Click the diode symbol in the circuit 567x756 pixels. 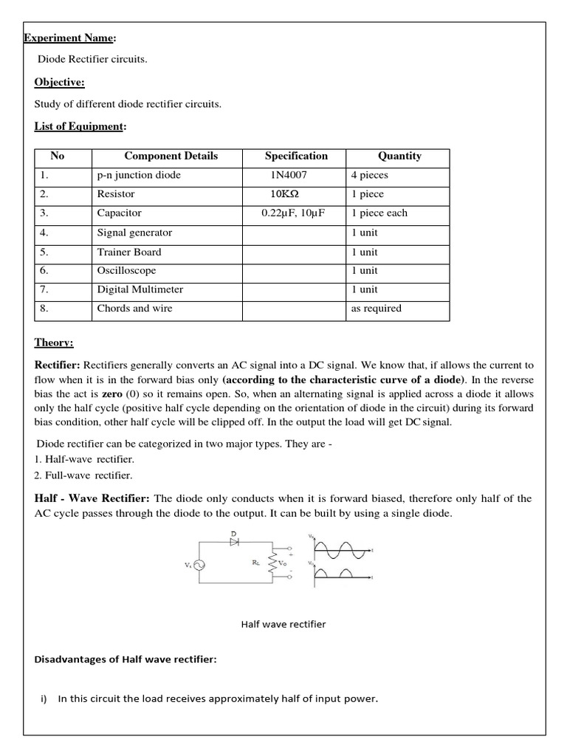click(235, 541)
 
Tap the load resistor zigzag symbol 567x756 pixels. click(272, 564)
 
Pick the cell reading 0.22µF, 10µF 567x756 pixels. click(293, 213)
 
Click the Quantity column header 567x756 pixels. click(399, 156)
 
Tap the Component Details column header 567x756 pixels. click(171, 156)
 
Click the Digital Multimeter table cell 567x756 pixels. click(140, 289)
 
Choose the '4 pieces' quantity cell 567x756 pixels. click(369, 176)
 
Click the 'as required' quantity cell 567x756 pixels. click(376, 309)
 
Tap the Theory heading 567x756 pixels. click(54, 343)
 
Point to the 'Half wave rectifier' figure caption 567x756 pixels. click(283, 624)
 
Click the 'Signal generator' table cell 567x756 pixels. click(134, 233)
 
